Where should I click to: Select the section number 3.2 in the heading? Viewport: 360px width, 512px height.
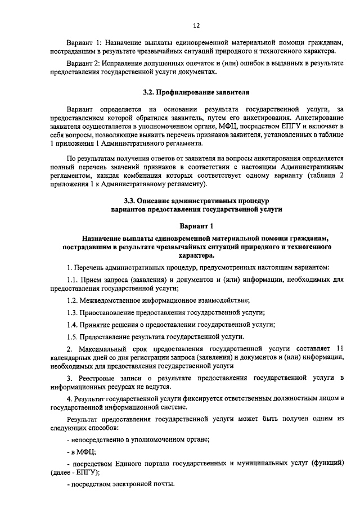point(149,91)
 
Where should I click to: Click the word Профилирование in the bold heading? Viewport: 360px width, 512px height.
point(188,91)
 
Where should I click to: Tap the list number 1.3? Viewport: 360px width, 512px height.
point(72,313)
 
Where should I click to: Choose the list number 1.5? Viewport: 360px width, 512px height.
point(72,336)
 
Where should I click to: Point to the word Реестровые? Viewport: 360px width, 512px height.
point(96,376)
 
